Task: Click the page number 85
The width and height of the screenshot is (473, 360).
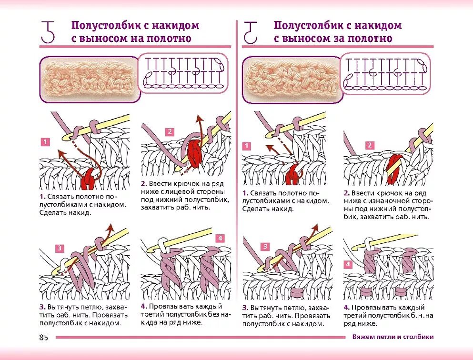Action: point(44,337)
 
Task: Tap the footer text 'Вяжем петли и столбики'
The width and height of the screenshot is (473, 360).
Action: point(393,337)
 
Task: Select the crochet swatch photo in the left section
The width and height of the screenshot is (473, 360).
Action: point(89,78)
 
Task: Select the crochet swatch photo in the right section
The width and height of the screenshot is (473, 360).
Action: point(292,79)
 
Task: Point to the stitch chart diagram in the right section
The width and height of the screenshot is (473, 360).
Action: point(386,73)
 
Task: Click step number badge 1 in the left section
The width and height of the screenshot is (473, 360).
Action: point(45,141)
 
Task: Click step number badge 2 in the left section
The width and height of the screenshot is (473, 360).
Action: point(170,132)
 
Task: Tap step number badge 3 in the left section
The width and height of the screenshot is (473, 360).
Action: point(60,248)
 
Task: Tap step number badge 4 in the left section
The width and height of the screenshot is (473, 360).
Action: point(220,238)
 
